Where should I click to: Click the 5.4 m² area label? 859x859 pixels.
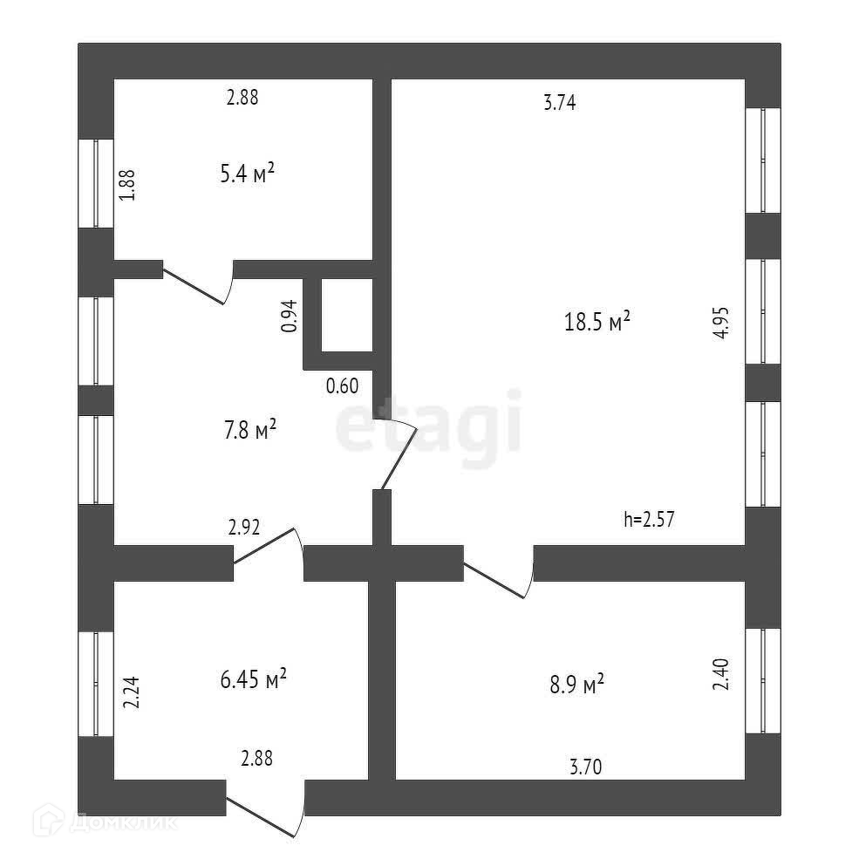[248, 174]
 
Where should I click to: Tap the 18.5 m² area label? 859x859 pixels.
[597, 323]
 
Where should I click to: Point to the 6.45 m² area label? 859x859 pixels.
[253, 678]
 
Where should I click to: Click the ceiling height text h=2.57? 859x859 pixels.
[650, 520]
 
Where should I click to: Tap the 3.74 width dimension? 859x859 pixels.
[561, 103]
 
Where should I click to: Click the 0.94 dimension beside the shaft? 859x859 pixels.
[290, 316]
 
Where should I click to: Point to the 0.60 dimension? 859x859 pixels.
[342, 385]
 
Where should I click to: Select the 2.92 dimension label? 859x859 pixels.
[244, 527]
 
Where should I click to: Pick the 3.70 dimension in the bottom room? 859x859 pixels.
[585, 767]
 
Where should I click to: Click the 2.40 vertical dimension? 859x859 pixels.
[720, 673]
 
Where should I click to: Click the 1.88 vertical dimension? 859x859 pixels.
[127, 184]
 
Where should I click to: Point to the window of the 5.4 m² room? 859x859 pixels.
[95, 183]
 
